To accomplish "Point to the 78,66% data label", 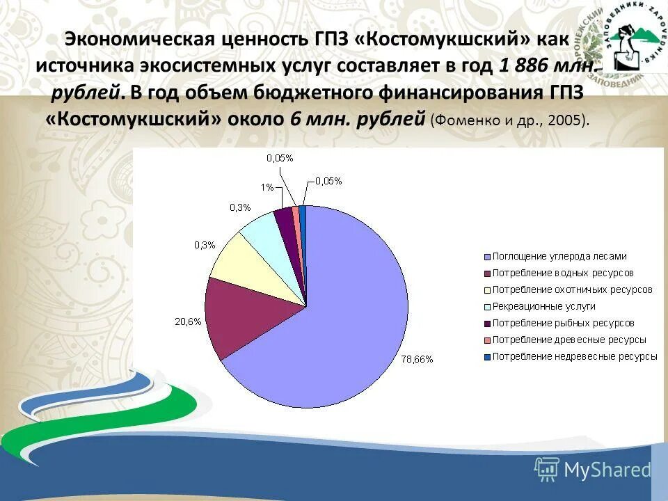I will click(417, 359).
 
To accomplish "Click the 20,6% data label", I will click(187, 321).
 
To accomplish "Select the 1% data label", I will click(267, 187).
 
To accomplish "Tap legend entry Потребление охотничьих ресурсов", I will click(572, 289).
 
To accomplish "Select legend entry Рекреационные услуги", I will click(543, 306).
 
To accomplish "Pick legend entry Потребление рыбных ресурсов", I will click(563, 323).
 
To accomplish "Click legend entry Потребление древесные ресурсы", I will click(569, 340).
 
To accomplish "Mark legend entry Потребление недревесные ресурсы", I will click(575, 356).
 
